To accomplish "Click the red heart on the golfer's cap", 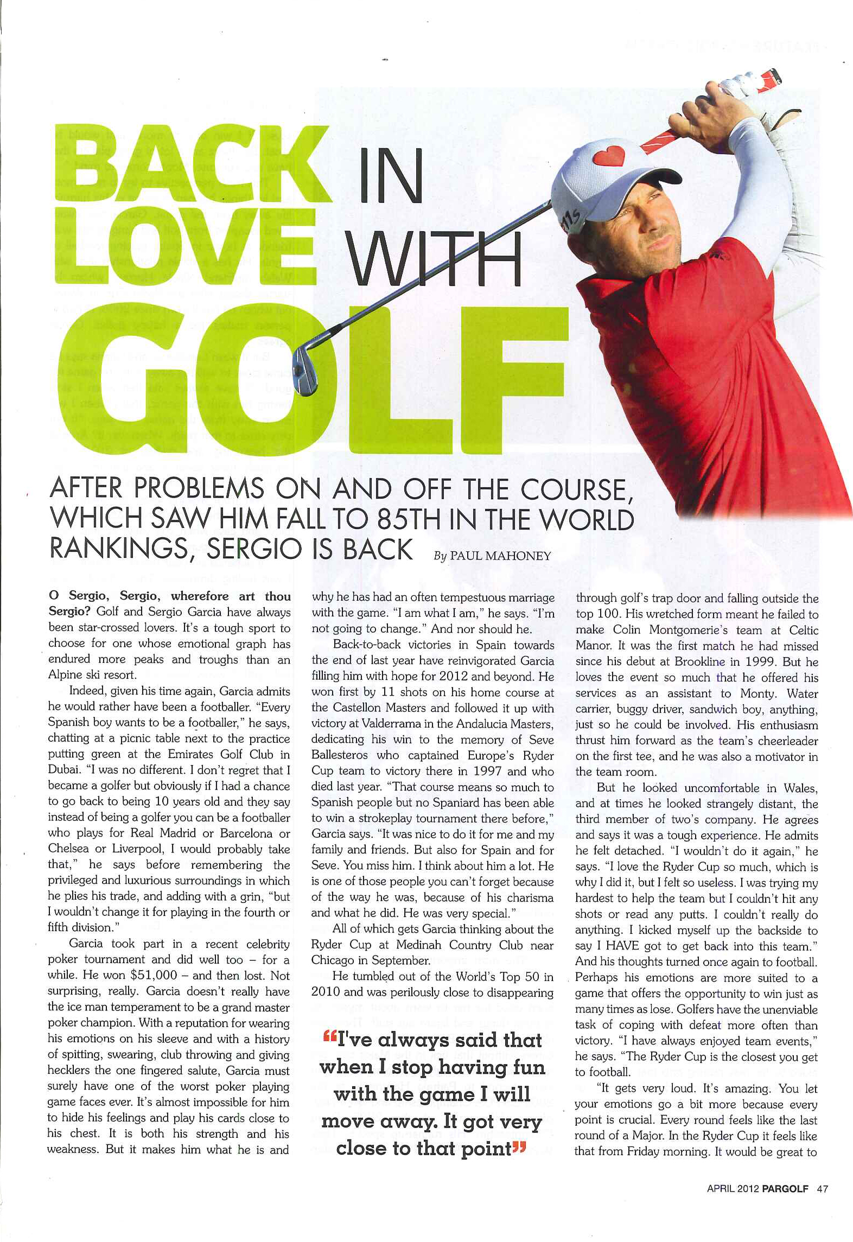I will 609,156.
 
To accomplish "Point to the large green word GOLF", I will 312,380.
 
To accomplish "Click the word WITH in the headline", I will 434,259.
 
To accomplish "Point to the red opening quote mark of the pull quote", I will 329,1037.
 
